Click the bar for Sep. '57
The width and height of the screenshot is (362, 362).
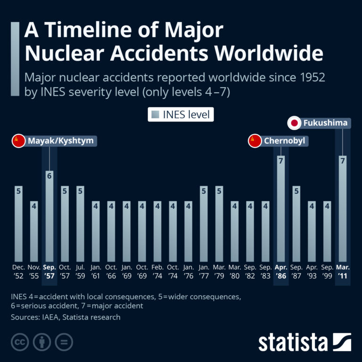(x=49, y=217)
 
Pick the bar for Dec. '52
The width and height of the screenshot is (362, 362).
(x=18, y=224)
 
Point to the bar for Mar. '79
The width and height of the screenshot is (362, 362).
(x=219, y=224)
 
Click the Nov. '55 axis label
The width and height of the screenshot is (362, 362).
(x=34, y=271)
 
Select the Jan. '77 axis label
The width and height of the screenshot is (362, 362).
(x=204, y=271)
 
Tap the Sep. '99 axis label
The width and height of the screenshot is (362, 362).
(x=327, y=271)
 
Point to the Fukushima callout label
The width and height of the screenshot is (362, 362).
(x=325, y=123)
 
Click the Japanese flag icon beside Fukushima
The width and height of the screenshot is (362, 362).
(x=295, y=123)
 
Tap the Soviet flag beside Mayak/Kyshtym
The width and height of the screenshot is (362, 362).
(x=18, y=140)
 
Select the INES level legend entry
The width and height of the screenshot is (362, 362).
(x=181, y=115)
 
